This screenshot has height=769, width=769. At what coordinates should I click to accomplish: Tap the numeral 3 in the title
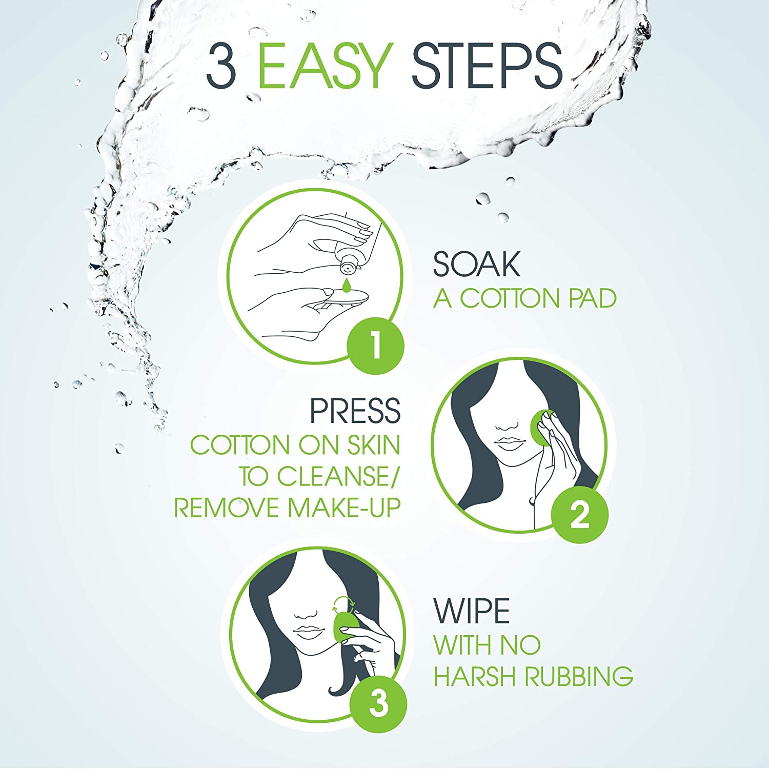[x=221, y=66]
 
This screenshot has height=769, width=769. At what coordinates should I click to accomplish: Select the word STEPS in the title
[x=487, y=66]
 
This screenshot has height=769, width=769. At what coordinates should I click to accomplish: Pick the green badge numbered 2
[x=579, y=515]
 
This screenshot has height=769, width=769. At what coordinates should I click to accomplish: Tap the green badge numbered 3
[x=378, y=704]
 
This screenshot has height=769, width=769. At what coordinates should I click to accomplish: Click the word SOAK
[x=476, y=265]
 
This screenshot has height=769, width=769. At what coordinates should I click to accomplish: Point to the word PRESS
[x=355, y=411]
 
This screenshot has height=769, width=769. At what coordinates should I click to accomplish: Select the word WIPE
[x=472, y=611]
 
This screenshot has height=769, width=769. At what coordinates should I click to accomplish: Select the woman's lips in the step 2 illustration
[x=507, y=442]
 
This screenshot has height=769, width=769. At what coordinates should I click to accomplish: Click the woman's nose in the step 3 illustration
[x=306, y=614]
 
